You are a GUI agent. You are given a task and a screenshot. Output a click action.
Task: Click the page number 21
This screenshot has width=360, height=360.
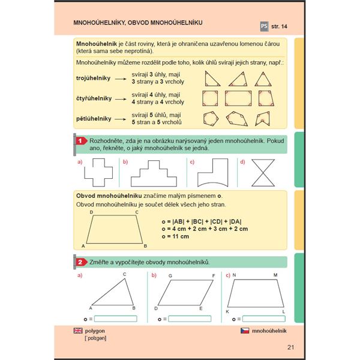pos(290,347)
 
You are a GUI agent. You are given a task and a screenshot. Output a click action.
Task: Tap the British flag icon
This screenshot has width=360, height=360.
pos(77,331)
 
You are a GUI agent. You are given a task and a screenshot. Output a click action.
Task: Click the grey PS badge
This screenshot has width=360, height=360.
pos(263,26)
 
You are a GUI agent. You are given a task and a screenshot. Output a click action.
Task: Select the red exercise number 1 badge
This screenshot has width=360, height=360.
pos(79,140)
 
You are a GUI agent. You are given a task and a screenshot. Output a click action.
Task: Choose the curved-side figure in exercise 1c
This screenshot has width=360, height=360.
pos(213,174)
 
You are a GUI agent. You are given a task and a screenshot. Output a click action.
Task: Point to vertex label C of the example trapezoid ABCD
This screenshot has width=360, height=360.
pos(136,212)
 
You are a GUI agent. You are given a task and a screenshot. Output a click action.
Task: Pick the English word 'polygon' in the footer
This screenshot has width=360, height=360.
pos(95,331)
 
